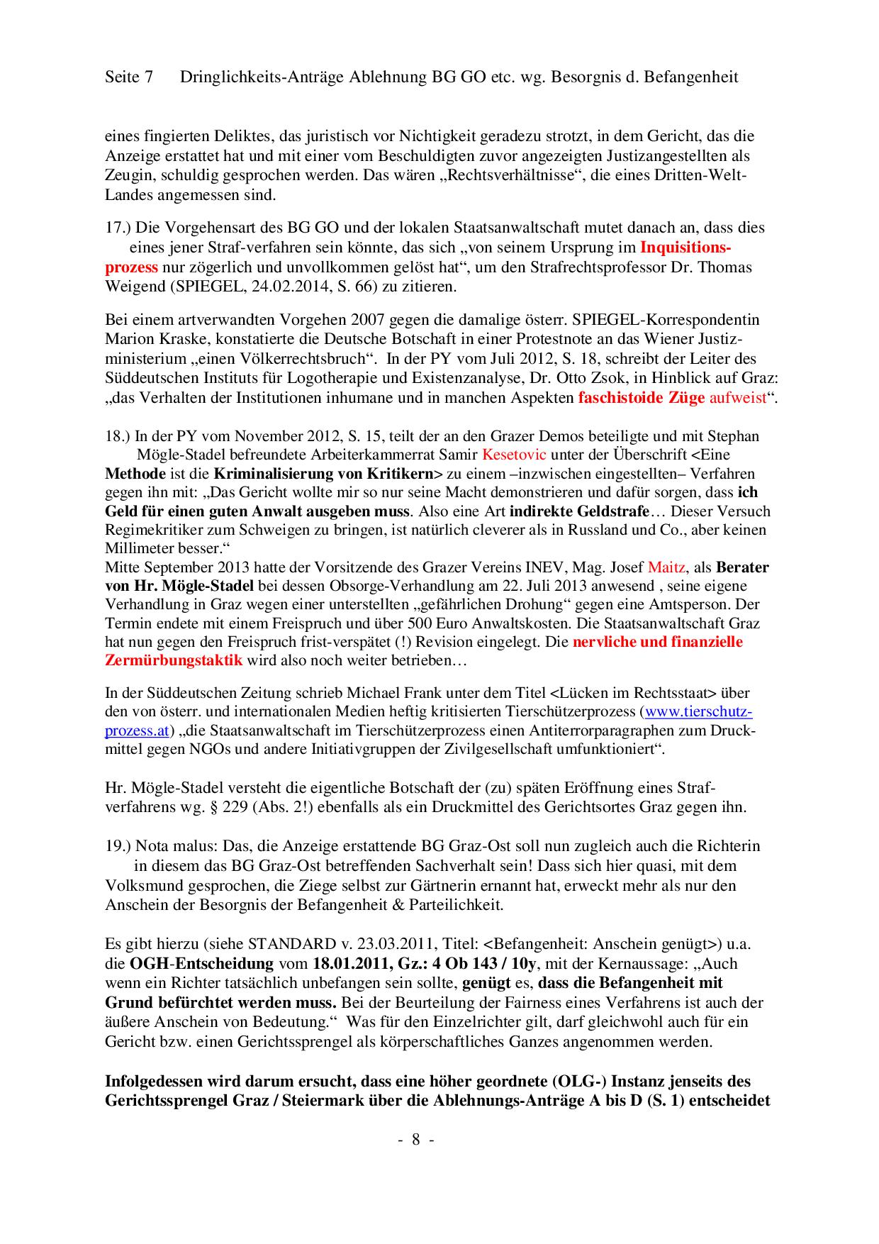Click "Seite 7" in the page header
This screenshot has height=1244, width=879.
(x=128, y=77)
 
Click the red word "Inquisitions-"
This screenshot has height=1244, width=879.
(x=685, y=248)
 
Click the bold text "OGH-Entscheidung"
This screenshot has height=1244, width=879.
(x=202, y=964)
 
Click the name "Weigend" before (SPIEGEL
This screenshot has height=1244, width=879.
(x=131, y=287)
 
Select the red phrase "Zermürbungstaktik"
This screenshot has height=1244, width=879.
(x=174, y=660)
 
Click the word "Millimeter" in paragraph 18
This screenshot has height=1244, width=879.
(x=140, y=548)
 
